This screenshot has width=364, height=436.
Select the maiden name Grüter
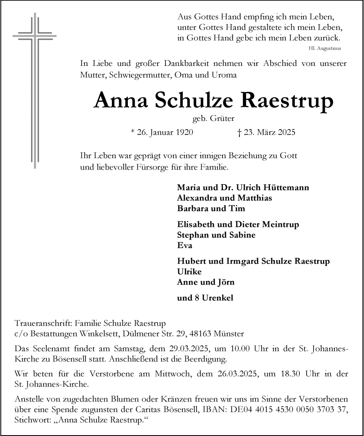(x=223, y=119)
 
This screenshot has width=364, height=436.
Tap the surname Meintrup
(x=280, y=225)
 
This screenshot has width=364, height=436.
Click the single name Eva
(x=184, y=246)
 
